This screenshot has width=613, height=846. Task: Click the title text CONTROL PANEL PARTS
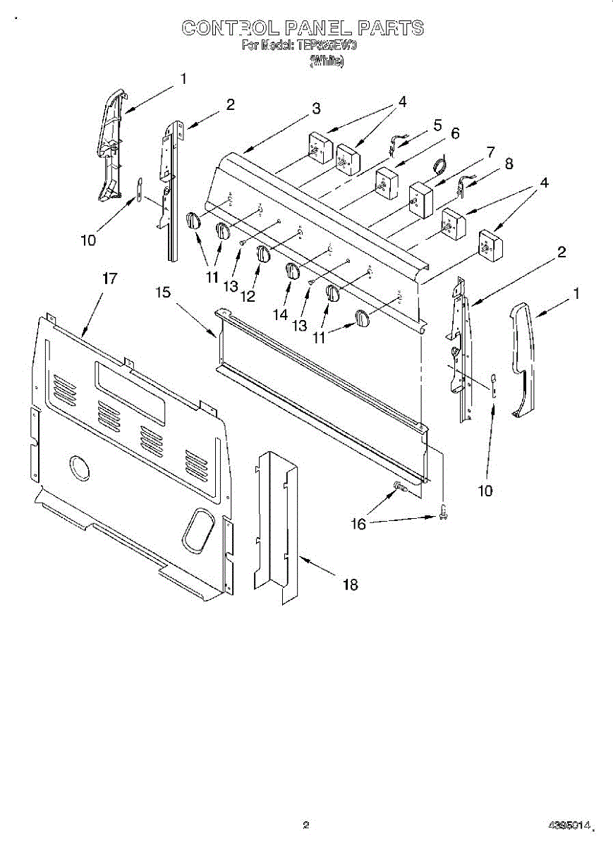point(303,28)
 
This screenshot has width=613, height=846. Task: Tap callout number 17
point(109,278)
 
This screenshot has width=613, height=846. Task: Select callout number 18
point(350,584)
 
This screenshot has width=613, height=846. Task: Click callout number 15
point(164,292)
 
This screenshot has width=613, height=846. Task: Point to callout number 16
point(359,524)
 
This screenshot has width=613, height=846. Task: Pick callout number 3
point(316,109)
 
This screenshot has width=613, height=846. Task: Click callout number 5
point(437,125)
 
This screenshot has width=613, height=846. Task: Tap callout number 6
point(455,133)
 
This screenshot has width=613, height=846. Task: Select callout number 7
point(490,151)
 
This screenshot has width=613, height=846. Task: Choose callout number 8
point(509,164)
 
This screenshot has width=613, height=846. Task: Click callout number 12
point(248,296)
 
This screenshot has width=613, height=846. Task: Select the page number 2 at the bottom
point(305,823)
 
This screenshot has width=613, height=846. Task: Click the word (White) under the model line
point(326,61)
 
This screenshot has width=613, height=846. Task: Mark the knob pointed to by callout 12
point(263,254)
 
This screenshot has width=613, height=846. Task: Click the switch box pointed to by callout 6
point(386,183)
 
